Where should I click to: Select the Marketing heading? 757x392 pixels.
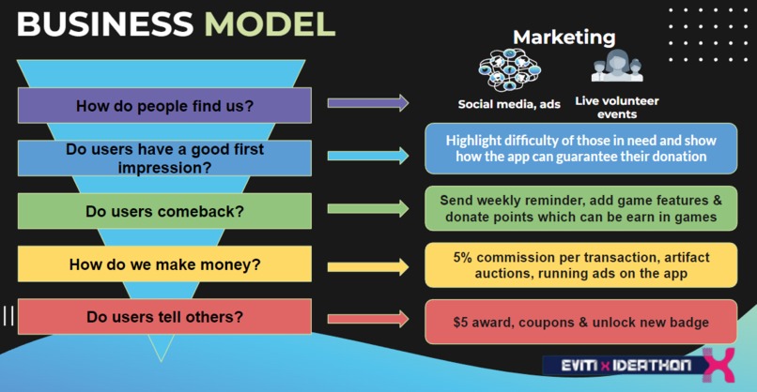click(x=564, y=38)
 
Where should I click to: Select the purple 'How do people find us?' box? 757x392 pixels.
click(x=164, y=106)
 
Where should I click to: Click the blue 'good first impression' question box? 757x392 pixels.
click(x=164, y=158)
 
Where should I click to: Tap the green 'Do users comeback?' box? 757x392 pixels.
click(x=164, y=211)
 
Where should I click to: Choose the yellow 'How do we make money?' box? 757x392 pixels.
click(x=164, y=264)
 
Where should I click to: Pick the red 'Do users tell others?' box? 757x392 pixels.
click(x=164, y=317)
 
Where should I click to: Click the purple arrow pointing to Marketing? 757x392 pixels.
click(x=367, y=103)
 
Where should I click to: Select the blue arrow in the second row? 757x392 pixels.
click(x=367, y=156)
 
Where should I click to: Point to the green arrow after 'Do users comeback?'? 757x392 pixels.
click(x=367, y=209)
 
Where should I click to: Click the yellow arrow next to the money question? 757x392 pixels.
click(x=367, y=266)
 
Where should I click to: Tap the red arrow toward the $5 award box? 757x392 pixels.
click(x=367, y=319)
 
